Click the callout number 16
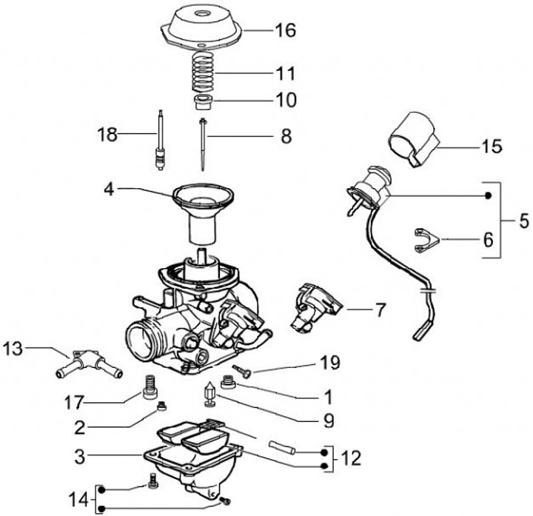tap(284, 30)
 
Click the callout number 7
tap(380, 309)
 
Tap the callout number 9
tap(326, 420)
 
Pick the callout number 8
tap(285, 136)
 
